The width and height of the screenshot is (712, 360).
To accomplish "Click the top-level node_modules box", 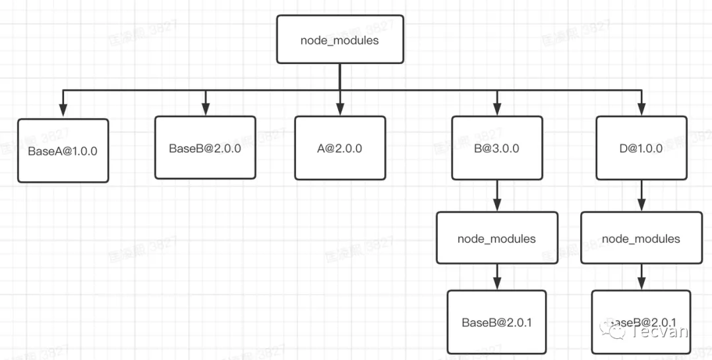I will tap(340, 40).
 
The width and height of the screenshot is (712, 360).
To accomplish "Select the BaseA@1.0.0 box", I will tap(63, 150).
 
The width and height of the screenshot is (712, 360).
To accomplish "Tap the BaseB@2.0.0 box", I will tap(205, 148).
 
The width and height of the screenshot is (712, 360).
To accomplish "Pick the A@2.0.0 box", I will tap(340, 148).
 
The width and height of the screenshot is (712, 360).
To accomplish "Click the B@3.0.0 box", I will tap(496, 148).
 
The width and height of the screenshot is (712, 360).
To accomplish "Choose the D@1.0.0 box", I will tap(641, 148).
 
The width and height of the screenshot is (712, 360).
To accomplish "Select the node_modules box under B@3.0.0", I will tap(496, 238).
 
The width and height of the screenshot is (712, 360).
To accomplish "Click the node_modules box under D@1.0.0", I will tap(641, 238).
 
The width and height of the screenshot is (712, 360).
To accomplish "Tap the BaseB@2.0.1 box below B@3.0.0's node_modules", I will tap(496, 322).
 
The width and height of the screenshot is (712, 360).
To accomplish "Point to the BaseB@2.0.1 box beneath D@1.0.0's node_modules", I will tap(641, 322).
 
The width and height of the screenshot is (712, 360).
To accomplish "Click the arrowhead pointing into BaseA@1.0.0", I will tap(63, 112).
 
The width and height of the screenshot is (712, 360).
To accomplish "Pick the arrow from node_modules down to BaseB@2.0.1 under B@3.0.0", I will tap(496, 277).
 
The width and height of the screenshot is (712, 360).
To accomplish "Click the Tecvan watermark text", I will tap(659, 330).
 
